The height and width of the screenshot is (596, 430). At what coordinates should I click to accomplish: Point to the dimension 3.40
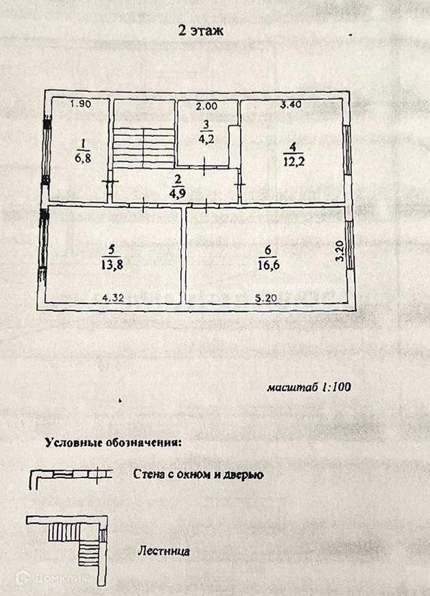291,105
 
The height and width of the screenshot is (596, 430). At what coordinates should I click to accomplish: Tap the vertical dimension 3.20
339,251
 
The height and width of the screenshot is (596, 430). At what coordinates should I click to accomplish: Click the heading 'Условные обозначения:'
113,442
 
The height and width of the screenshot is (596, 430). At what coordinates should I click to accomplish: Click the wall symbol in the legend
69,475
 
